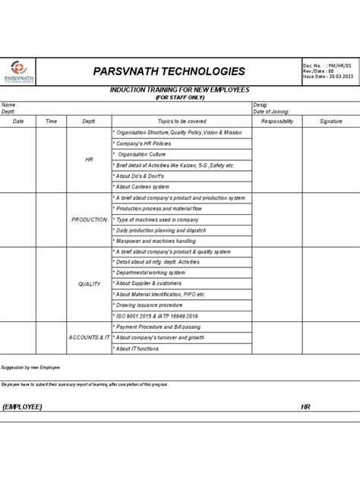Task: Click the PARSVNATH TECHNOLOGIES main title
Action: (x=169, y=71)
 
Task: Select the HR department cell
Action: (x=89, y=159)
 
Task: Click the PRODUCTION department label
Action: (x=89, y=219)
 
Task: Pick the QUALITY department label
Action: (x=89, y=284)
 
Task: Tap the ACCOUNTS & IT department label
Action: (x=89, y=337)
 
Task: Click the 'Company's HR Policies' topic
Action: (x=144, y=144)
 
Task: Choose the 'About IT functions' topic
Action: (x=137, y=349)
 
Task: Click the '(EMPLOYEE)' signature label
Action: (x=22, y=407)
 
